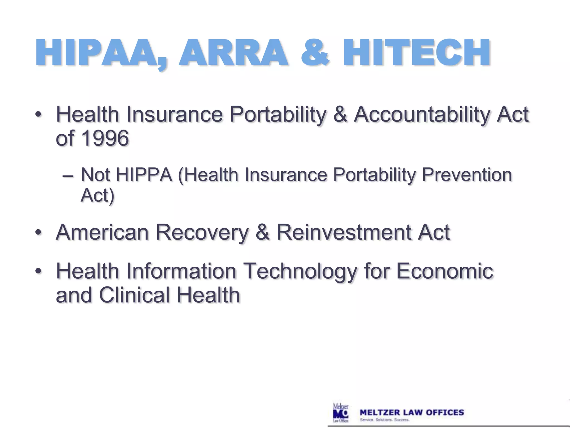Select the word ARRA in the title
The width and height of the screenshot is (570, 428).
[233, 53]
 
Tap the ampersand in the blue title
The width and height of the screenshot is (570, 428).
[315, 53]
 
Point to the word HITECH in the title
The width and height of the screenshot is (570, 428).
[417, 53]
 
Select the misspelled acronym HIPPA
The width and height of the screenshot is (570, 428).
[144, 175]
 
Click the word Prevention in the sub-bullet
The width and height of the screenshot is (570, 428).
[467, 175]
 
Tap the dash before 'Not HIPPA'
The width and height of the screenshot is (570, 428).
[68, 176]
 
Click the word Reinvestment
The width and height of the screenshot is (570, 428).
[343, 232]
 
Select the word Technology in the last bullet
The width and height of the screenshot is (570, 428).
[300, 271]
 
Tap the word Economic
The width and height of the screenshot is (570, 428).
[444, 271]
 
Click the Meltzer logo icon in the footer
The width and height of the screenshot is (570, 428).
[341, 413]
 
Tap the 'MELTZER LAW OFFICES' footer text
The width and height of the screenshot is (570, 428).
[412, 412]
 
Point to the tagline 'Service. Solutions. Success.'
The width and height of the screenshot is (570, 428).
[384, 420]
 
